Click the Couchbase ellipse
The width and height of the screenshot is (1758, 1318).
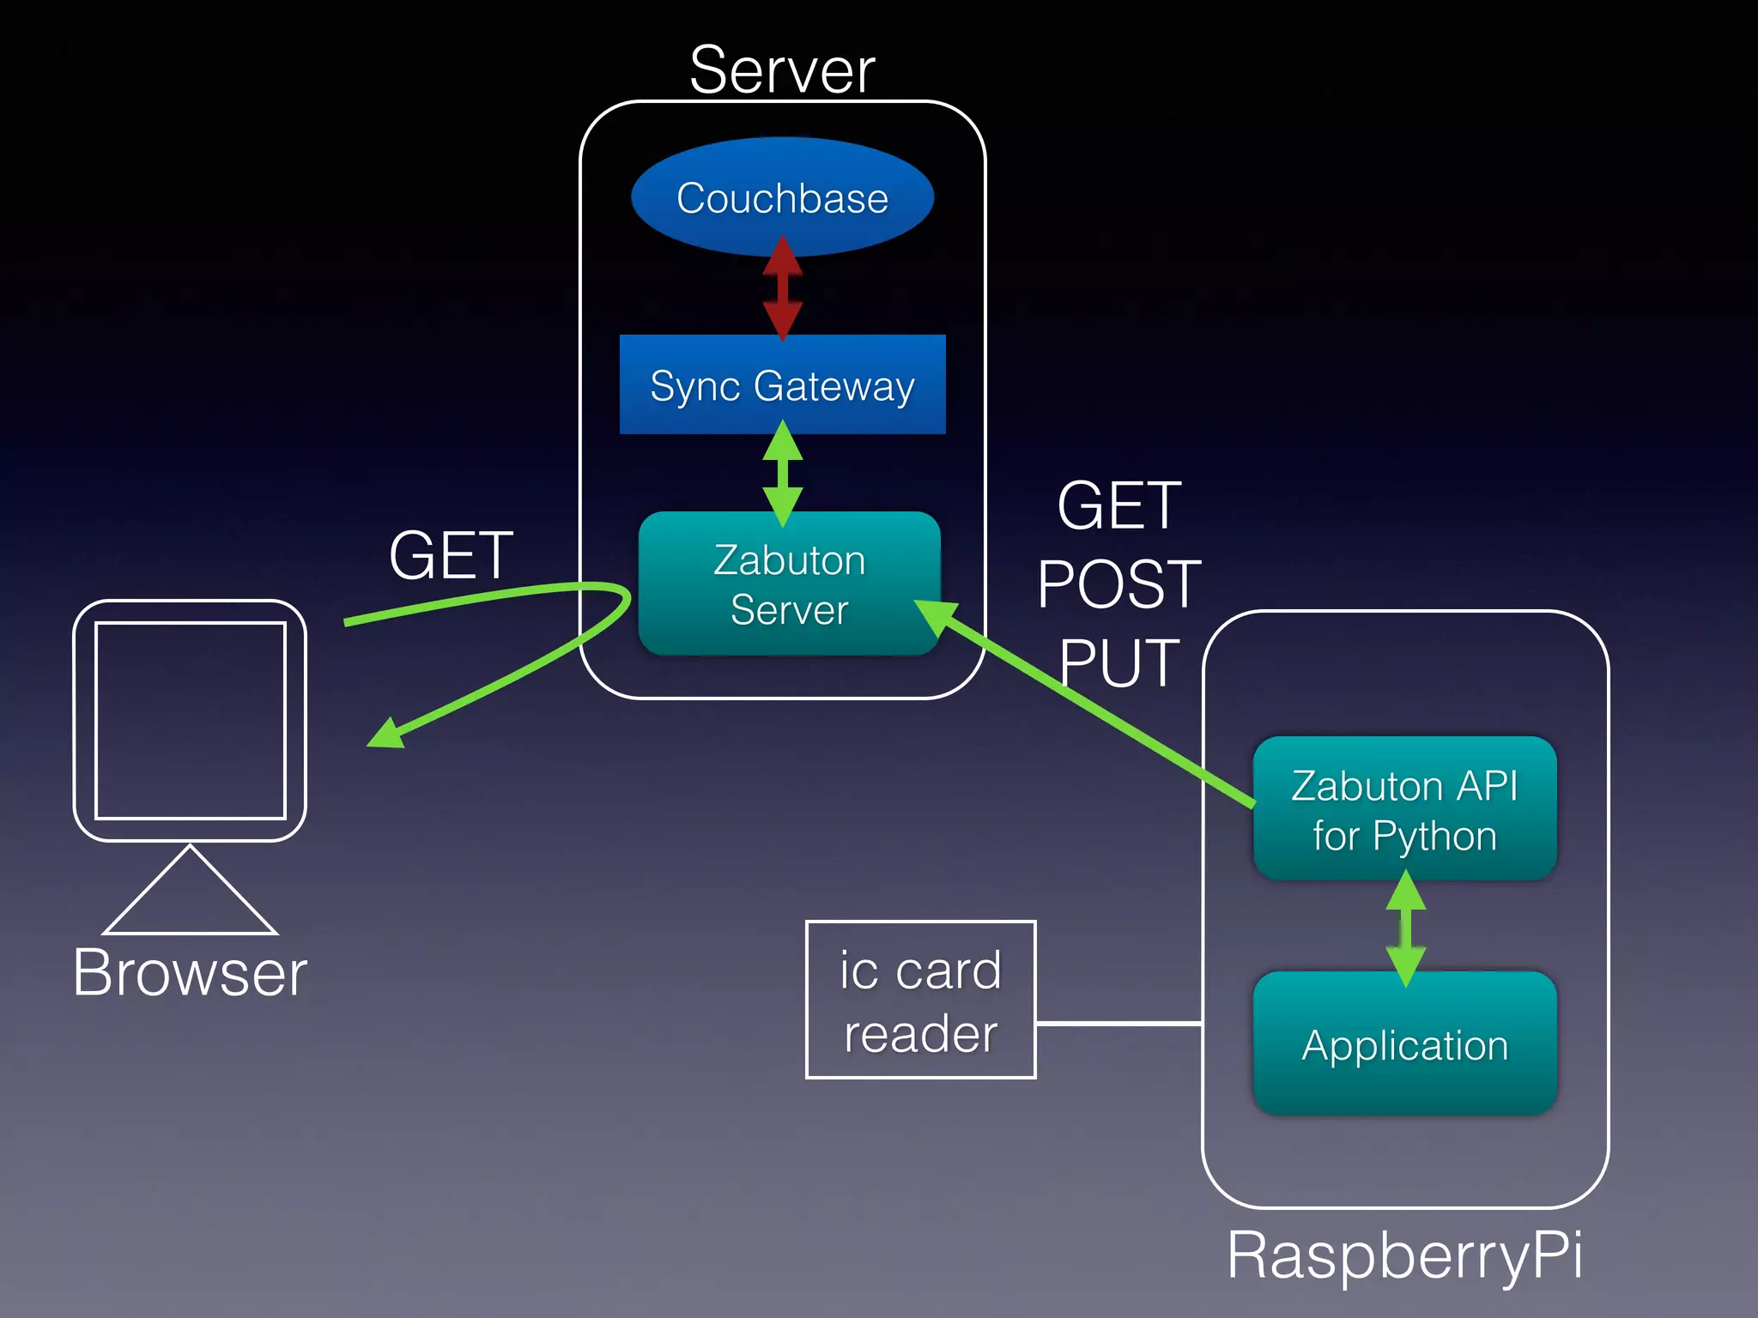[782, 197]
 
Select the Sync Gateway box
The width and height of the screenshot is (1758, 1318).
[782, 384]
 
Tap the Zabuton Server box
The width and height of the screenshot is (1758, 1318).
[789, 583]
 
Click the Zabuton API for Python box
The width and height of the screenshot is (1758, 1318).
[1404, 809]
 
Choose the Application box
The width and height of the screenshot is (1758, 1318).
[1404, 1043]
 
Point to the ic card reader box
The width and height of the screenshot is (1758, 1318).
[920, 1000]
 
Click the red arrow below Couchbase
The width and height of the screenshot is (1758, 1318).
[782, 289]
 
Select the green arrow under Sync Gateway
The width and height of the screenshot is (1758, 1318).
[782, 474]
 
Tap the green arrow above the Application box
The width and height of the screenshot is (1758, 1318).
[1405, 928]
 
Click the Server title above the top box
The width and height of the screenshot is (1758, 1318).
[782, 70]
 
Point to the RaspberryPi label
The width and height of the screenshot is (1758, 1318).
[1404, 1255]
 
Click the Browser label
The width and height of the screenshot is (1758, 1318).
[190, 973]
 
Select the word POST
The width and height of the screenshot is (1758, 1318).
[1118, 584]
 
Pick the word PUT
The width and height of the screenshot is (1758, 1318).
[1118, 662]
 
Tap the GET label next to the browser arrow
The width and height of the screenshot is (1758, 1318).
[451, 555]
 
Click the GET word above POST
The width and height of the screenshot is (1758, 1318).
[1118, 506]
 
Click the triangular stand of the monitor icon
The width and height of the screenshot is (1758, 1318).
[190, 897]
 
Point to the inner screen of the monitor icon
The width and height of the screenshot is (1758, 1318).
[190, 721]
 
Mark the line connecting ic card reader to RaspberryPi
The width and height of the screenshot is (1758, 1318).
[1118, 1024]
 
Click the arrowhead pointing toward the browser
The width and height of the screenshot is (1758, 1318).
[385, 735]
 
